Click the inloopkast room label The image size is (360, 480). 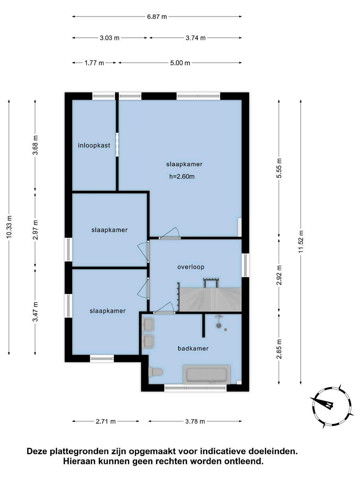pos(94,145)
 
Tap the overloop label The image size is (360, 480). pos(191,267)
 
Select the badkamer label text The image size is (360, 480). pos(193,348)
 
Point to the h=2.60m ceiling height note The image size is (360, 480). pos(182,177)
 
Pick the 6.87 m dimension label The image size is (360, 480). pos(157,17)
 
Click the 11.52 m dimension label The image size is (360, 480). pos(301,242)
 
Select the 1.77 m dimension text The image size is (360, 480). pos(94,63)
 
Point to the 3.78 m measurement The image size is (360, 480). pos(195,421)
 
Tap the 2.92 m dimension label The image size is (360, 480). pos(279,275)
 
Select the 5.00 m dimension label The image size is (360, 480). pos(180,63)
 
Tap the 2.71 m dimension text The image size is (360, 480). pos(105,421)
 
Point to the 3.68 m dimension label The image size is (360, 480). pos(35,145)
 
